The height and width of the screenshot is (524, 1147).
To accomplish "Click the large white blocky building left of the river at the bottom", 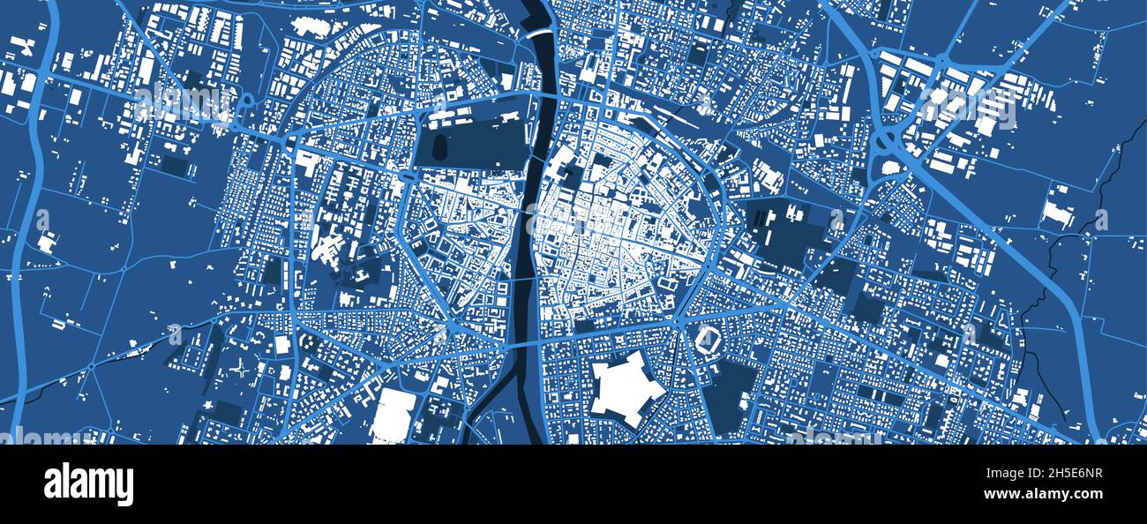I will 393,415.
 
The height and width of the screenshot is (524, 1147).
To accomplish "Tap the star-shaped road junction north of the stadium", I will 679,322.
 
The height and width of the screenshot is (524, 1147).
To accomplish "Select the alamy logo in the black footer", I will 88,484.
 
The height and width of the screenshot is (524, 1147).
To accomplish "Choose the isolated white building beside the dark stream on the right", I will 1057,212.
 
